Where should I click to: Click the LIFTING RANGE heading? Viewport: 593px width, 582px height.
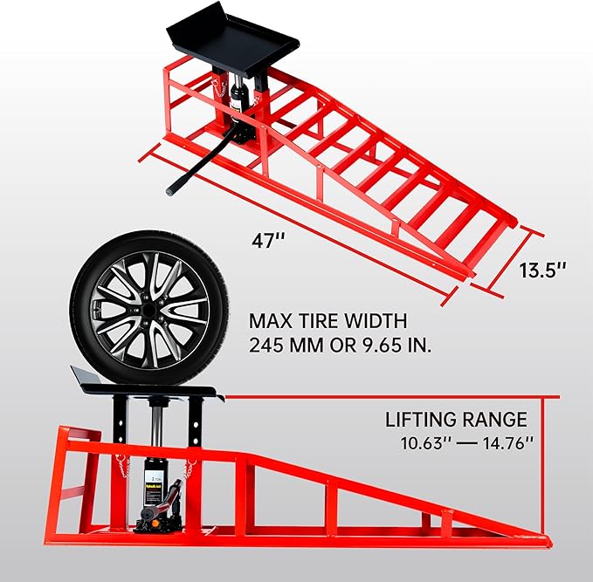(456, 420)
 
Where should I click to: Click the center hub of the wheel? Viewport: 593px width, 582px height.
(140, 309)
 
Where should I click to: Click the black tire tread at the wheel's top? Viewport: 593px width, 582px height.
(140, 238)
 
